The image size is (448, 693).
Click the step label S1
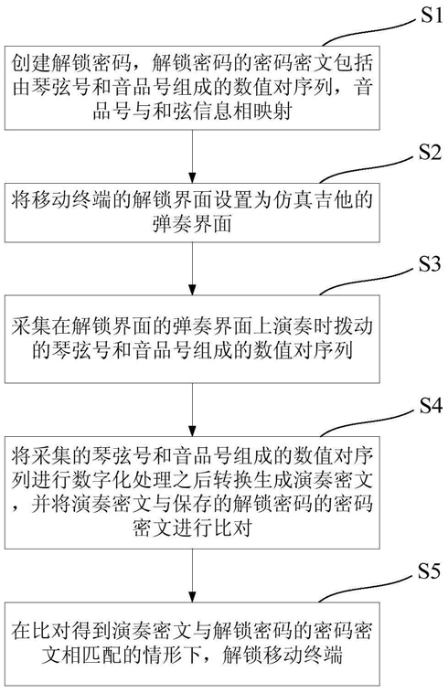pos(431,16)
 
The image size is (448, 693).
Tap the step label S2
pos(431,153)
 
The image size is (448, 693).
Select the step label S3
pos(431,264)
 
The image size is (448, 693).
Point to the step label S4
pos(431,405)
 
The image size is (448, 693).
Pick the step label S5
pos(431,571)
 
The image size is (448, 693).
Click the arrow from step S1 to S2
pos(192,156)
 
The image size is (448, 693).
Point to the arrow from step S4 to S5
pos(192,575)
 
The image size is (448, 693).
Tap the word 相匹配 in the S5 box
pos(92,655)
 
